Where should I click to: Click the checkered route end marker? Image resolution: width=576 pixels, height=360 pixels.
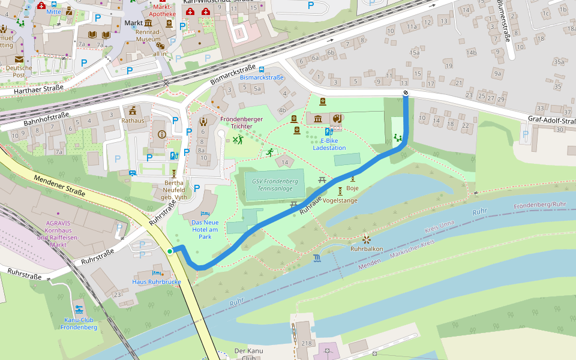point(406,92)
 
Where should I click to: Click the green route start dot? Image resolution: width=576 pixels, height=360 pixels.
point(170,251)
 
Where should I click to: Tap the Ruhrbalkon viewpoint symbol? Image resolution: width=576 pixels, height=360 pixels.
point(366,239)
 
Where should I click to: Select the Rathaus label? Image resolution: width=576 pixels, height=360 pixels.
point(133,120)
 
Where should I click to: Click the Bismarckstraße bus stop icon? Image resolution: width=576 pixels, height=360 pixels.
point(261,70)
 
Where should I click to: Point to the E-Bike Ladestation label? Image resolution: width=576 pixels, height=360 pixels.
point(329,144)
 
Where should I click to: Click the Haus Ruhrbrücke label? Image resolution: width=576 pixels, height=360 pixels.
point(157,281)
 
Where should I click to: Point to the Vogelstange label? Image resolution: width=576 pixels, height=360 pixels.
point(340,200)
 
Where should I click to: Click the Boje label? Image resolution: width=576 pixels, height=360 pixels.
point(353,188)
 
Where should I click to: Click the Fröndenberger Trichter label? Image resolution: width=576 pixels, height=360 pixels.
point(241,122)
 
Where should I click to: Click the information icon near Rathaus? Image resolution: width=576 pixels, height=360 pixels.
point(161,134)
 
